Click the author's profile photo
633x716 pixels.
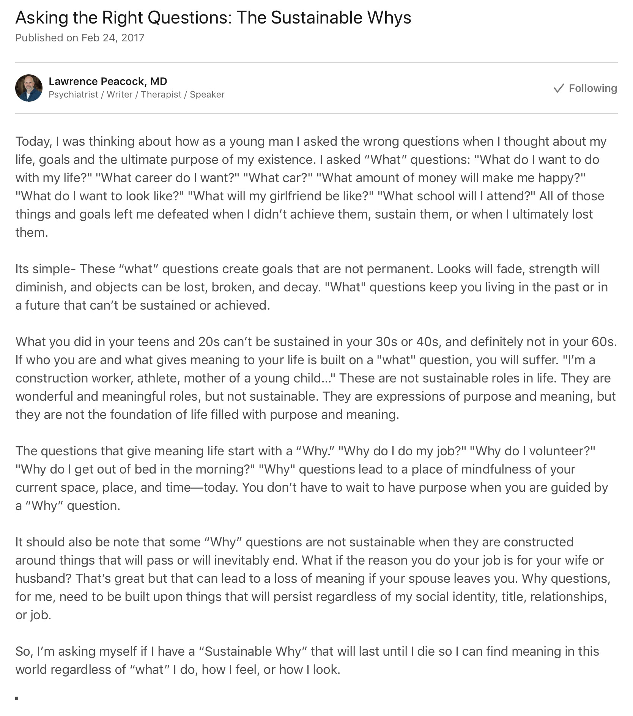[x=29, y=88]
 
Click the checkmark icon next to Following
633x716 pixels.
[x=559, y=88]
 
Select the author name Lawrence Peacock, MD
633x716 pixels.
[x=108, y=81]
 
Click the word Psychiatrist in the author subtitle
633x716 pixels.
[x=73, y=94]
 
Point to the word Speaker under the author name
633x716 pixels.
[x=207, y=94]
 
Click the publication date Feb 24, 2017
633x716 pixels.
[x=113, y=38]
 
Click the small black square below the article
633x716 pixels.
[x=17, y=698]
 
